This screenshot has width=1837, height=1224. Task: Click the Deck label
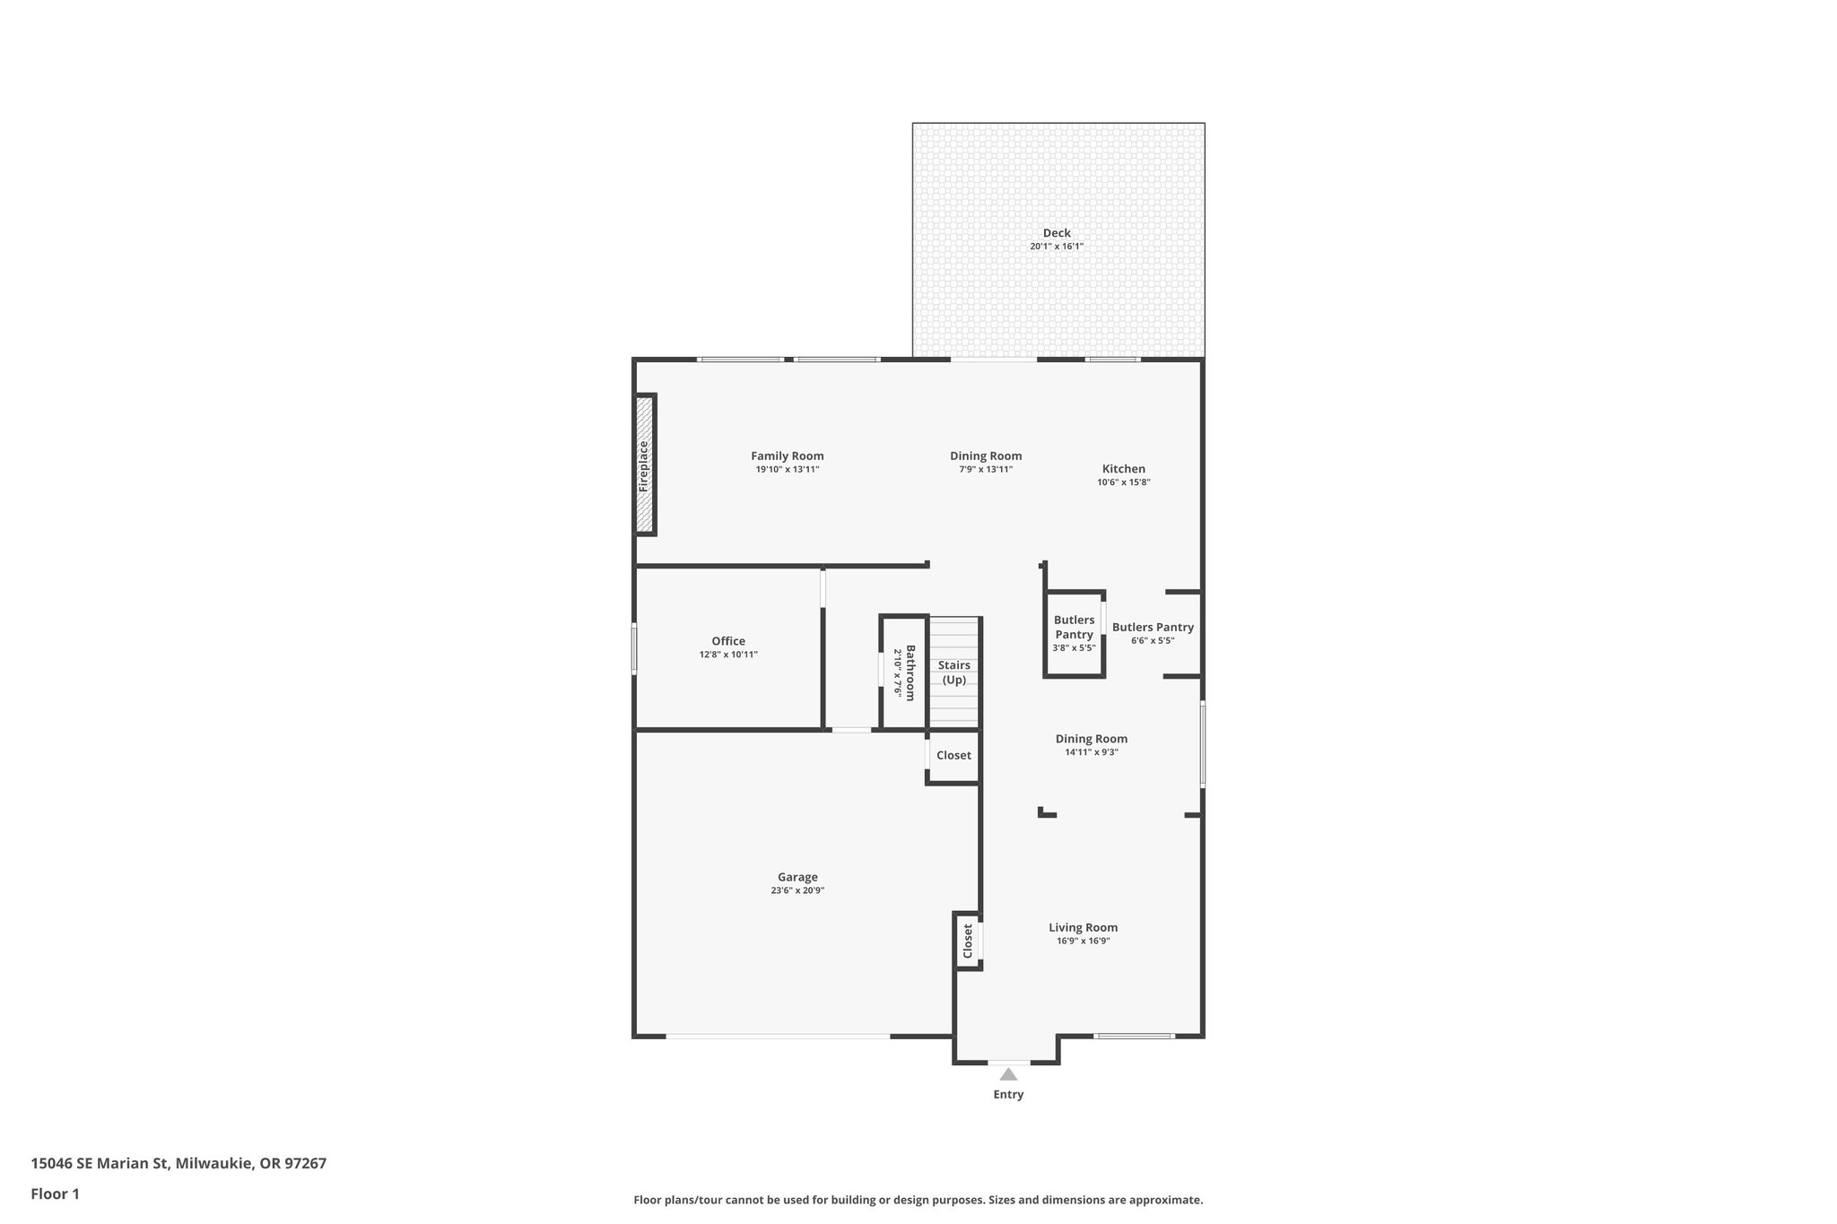click(1056, 233)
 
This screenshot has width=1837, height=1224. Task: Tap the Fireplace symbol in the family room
click(644, 465)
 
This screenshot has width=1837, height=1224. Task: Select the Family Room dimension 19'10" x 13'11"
click(787, 469)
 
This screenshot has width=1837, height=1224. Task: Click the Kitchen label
click(1123, 468)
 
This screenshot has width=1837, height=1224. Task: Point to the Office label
click(727, 641)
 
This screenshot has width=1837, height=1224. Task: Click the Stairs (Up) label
click(953, 672)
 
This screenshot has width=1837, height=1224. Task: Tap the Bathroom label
click(910, 673)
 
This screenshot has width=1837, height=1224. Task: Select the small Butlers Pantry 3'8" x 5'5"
click(1074, 633)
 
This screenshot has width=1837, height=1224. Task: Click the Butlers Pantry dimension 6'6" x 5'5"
click(1152, 640)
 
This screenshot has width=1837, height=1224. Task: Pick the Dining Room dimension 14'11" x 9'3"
click(1091, 752)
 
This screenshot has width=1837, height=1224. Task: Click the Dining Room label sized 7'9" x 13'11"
click(986, 456)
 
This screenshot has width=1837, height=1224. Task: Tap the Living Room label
click(1083, 927)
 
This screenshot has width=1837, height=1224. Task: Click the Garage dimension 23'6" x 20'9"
click(797, 890)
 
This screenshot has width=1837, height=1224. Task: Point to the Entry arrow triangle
click(1008, 1074)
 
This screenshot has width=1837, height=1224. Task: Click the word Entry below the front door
click(1008, 1094)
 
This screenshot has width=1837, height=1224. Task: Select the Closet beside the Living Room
click(967, 941)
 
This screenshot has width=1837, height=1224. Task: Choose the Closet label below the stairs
click(953, 755)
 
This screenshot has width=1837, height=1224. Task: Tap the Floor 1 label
click(55, 1194)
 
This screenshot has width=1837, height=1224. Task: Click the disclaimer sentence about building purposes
click(918, 1200)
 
